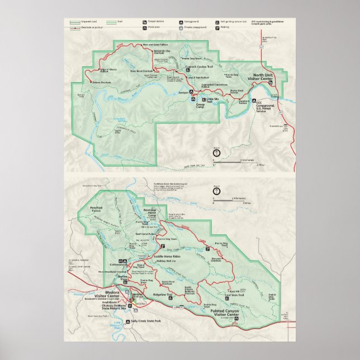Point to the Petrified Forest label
(98, 209)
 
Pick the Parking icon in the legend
(215, 26)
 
